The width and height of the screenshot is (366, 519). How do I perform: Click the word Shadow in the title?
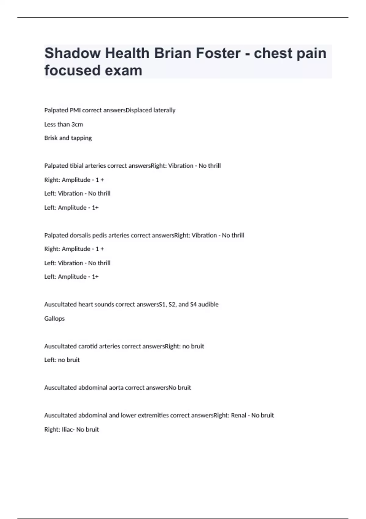click(72, 53)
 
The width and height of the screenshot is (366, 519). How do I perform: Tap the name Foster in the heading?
click(218, 53)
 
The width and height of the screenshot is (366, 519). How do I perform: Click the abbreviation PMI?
click(75, 110)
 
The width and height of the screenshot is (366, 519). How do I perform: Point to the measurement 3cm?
click(77, 125)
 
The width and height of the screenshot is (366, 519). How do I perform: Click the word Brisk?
click(51, 138)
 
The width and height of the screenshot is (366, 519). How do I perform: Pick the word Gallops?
click(54, 319)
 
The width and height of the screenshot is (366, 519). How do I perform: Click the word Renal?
click(239, 416)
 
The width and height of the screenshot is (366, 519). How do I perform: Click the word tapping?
click(81, 138)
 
